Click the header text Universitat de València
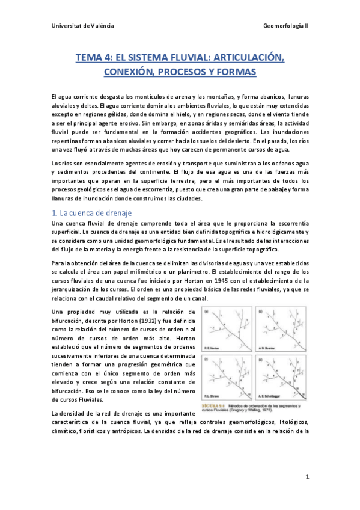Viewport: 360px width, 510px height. pyautogui.click(x=83, y=26)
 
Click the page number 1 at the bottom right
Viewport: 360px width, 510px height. pyautogui.click(x=307, y=477)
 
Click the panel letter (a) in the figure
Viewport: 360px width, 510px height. pyautogui.click(x=206, y=312)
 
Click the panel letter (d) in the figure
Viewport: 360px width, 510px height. pyautogui.click(x=258, y=360)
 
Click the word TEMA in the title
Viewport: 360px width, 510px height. pyautogui.click(x=88, y=57)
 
